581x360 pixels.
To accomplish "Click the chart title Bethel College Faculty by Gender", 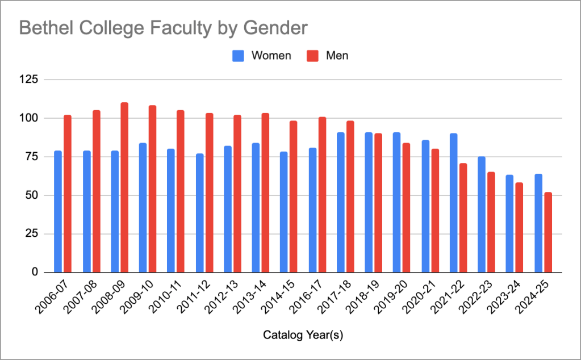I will (164, 27).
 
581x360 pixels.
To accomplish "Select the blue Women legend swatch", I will (238, 56).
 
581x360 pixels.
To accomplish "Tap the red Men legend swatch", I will (312, 56).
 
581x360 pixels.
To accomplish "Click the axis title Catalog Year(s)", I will (303, 336).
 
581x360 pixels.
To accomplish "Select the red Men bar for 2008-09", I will (124, 187).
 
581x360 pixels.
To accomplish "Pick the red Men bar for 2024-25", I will (548, 232).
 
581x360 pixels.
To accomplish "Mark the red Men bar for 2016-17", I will (322, 195).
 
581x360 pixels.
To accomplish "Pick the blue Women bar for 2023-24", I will (510, 224).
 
